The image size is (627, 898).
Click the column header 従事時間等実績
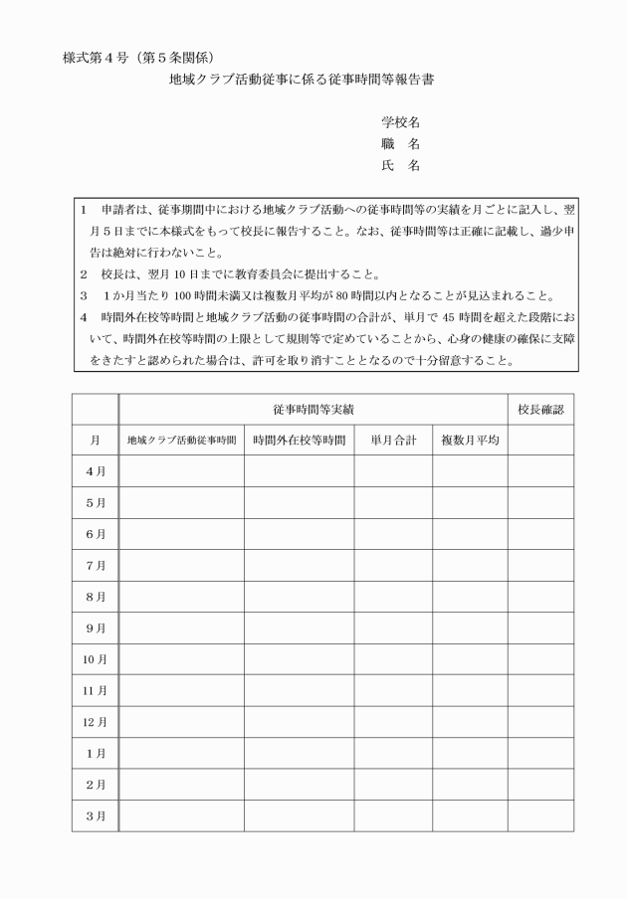click(312, 409)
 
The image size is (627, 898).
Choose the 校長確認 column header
click(540, 409)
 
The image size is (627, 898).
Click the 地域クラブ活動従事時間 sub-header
click(181, 440)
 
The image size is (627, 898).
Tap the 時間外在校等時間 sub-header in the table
click(299, 440)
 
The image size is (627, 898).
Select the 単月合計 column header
click(393, 440)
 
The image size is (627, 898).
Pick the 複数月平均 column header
click(470, 440)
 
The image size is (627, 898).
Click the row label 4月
click(96, 470)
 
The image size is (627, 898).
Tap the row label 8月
click(96, 597)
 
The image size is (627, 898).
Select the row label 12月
click(96, 722)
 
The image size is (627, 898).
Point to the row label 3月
click(96, 815)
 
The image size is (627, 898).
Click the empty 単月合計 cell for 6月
click(393, 534)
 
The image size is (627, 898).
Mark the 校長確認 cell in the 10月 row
click(540, 659)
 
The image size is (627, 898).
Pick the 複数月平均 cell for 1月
click(470, 753)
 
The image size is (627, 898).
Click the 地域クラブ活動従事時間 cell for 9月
click(181, 628)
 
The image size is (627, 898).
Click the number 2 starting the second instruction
click(85, 273)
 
